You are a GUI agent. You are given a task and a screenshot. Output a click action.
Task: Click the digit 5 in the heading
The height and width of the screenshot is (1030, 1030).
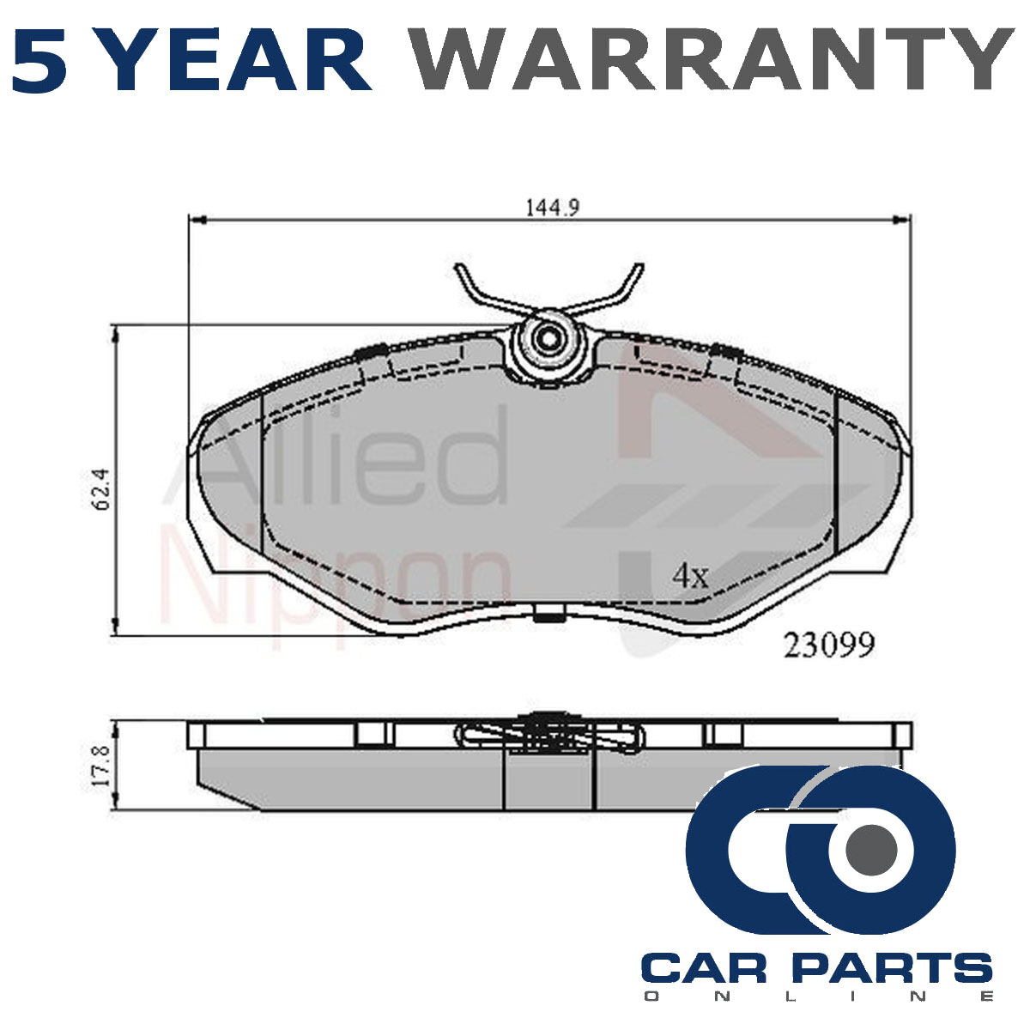[x=40, y=60]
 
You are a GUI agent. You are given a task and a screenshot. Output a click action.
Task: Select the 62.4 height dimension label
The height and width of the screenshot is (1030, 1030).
[x=101, y=489]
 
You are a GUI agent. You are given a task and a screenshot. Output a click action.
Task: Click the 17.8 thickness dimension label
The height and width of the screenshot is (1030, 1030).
[x=100, y=766]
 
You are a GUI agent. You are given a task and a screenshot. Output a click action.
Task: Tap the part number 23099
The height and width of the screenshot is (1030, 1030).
[x=829, y=645]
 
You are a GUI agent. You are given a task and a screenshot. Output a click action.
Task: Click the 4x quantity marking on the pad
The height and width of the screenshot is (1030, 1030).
[x=690, y=576]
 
